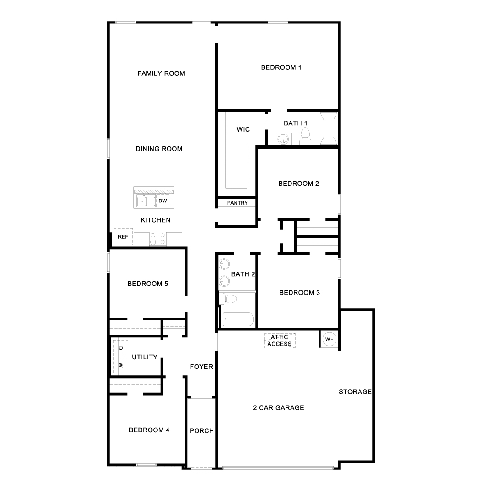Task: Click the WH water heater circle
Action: [330, 339]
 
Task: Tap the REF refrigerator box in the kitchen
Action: [123, 237]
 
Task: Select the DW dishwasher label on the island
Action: [163, 201]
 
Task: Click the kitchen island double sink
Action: [146, 201]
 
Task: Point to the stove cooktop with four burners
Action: [158, 239]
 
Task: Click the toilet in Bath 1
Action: [305, 137]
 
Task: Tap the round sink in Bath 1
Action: [283, 139]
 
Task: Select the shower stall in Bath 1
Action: [329, 128]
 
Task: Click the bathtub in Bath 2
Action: [238, 319]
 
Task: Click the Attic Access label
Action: [280, 340]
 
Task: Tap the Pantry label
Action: [237, 203]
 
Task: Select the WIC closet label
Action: [243, 129]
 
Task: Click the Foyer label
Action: [202, 367]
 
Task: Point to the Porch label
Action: [202, 431]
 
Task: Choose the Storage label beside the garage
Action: [355, 392]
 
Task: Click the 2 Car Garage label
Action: [279, 407]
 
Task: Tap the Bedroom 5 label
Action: [148, 284]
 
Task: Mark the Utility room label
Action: [145, 357]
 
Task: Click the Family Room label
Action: [161, 73]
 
